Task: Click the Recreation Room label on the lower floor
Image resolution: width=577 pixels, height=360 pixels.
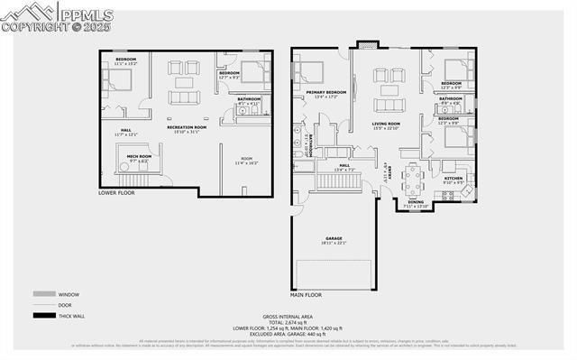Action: pyautogui.click(x=186, y=128)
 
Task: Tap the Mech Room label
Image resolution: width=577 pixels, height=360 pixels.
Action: pyautogui.click(x=126, y=157)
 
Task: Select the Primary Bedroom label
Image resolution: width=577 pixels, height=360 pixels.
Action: pyautogui.click(x=325, y=93)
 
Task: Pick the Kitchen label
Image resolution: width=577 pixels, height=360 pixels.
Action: pyautogui.click(x=453, y=179)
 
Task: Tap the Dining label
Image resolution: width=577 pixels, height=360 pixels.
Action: pyautogui.click(x=416, y=202)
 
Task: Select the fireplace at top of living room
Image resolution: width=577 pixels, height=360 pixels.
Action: pyautogui.click(x=365, y=44)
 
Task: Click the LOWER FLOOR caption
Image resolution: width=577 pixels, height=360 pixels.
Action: pyautogui.click(x=118, y=193)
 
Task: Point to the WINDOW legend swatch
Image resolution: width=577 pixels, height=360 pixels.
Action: pyautogui.click(x=42, y=294)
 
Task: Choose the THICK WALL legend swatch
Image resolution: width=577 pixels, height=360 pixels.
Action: pyautogui.click(x=42, y=315)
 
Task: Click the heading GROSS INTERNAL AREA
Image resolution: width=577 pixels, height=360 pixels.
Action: pyautogui.click(x=288, y=315)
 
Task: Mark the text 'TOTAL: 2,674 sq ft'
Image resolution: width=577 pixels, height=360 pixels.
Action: pyautogui.click(x=288, y=321)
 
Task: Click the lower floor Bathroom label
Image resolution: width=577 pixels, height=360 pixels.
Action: pyautogui.click(x=248, y=99)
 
